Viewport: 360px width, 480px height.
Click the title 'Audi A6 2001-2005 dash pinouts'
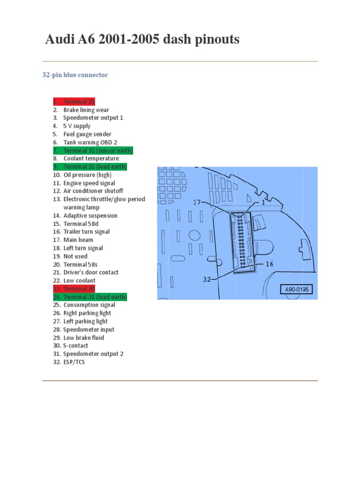[x=142, y=40]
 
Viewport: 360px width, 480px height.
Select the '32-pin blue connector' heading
[x=75, y=75]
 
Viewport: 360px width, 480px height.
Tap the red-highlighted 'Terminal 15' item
[x=79, y=102]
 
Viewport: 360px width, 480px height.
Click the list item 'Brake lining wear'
[x=86, y=110]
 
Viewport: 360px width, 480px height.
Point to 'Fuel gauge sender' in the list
[x=87, y=134]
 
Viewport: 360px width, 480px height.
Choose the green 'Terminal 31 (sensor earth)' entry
[x=98, y=150]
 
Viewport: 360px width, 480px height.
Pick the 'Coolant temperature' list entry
[x=91, y=158]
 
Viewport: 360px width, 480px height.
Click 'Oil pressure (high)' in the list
[x=87, y=175]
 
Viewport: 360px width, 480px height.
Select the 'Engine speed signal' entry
[x=89, y=183]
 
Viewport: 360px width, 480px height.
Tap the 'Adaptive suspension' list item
[x=90, y=216]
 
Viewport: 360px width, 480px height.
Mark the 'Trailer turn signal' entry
[x=86, y=232]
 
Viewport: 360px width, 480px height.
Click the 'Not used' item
[x=75, y=256]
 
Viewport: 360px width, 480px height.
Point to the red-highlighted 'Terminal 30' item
[x=79, y=289]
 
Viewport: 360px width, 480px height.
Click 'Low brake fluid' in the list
[x=83, y=337]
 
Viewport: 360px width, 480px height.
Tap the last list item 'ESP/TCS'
[x=74, y=362]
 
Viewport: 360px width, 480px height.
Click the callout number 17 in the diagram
[x=197, y=202]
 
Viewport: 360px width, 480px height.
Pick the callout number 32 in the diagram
[x=207, y=279]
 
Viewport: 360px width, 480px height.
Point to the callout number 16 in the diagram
[x=269, y=264]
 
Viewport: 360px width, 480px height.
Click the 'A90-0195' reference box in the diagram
[x=297, y=290]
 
